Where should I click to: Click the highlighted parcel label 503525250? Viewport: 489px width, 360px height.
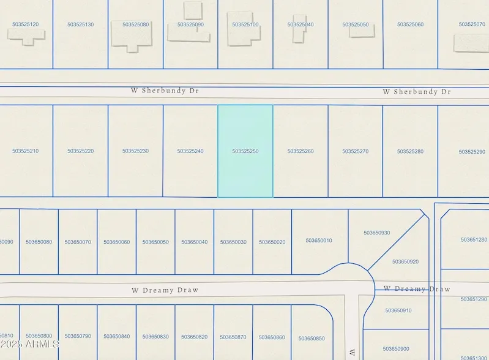(x=245, y=151)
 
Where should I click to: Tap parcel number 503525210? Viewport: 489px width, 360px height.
(x=25, y=151)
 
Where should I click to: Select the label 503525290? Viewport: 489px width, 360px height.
(x=472, y=152)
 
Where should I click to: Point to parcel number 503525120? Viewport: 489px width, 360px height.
(x=25, y=24)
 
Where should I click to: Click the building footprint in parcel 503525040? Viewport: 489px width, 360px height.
(x=299, y=29)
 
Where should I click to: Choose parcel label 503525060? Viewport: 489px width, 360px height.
(x=410, y=24)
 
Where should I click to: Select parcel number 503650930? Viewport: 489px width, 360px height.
(x=376, y=233)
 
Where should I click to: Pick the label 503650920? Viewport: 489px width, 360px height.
(x=405, y=261)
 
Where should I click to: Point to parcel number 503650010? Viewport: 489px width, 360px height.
(x=319, y=241)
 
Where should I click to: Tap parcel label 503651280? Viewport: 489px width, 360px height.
(x=474, y=240)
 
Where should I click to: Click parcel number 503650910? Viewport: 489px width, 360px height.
(x=398, y=310)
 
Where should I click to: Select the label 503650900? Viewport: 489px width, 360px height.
(x=396, y=348)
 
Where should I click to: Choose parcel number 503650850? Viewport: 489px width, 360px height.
(x=312, y=339)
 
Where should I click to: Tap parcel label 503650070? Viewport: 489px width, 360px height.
(x=78, y=242)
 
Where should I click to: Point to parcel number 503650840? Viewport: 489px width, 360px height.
(x=116, y=336)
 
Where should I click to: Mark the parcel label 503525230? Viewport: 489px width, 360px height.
(x=135, y=151)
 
